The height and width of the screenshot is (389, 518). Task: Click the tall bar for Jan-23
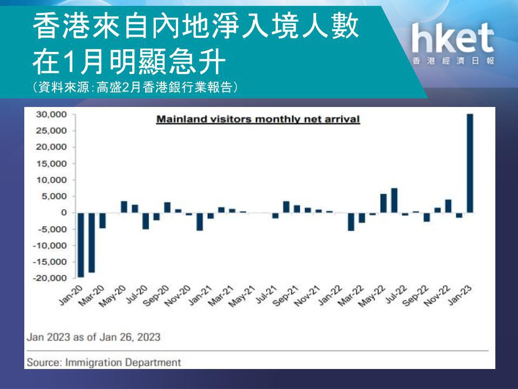coord(470,163)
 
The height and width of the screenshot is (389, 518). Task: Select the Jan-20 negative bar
coord(80,245)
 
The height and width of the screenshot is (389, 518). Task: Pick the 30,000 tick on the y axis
coord(51,115)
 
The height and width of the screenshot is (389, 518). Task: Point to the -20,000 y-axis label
coord(50,278)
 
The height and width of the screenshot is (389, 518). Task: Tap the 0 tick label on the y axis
coord(64,213)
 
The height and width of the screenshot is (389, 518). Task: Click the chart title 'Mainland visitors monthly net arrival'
coord(258,119)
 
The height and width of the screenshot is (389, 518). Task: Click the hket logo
coord(453,44)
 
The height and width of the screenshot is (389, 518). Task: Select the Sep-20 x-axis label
coord(157,296)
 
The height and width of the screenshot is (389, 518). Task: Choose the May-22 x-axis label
coord(372,296)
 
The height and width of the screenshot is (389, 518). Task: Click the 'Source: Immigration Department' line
coord(104,362)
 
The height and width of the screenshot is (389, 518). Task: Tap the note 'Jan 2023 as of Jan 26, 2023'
coord(93,337)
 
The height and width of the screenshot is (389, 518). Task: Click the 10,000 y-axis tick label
coord(51,180)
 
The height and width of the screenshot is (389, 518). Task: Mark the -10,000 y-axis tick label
coord(50,245)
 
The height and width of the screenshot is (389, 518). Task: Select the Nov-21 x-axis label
coord(307,296)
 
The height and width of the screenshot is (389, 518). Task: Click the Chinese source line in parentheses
coord(135,88)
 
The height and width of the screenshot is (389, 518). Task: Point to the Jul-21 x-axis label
coord(266,294)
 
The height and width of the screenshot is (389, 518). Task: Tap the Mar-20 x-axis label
coord(92,296)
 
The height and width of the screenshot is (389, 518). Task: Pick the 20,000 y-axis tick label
coord(51,147)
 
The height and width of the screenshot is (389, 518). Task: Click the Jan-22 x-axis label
coord(330,295)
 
